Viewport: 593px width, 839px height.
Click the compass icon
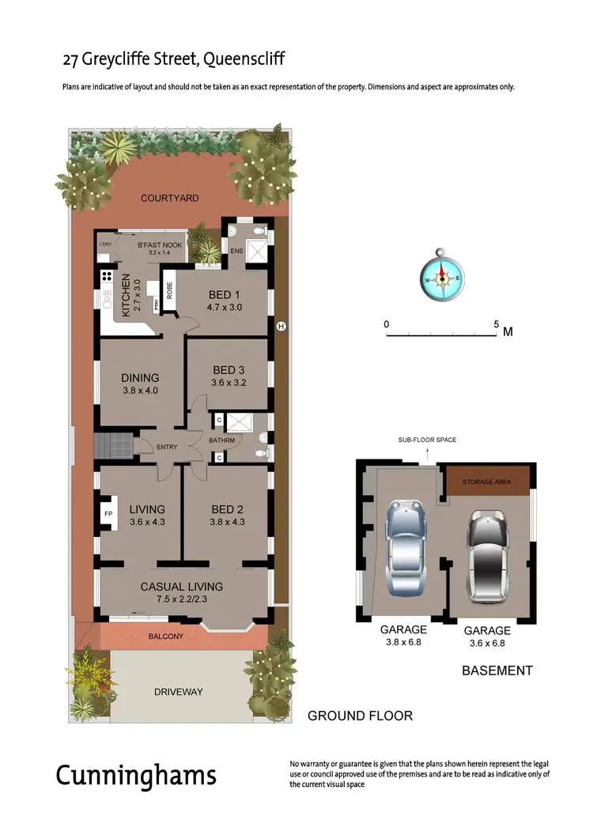click(x=441, y=278)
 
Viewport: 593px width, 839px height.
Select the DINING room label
click(x=140, y=377)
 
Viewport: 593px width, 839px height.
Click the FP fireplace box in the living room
click(x=108, y=513)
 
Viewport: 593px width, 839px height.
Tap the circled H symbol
click(x=280, y=326)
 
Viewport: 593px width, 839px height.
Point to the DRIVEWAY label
click(x=178, y=692)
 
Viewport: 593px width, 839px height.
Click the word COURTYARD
click(x=170, y=198)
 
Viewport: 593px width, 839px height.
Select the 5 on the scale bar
click(x=496, y=324)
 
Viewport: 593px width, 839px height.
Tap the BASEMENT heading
click(x=497, y=671)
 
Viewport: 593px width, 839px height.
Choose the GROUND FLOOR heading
click(x=360, y=716)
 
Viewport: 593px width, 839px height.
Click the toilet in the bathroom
click(x=260, y=453)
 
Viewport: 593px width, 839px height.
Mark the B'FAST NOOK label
click(x=160, y=245)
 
